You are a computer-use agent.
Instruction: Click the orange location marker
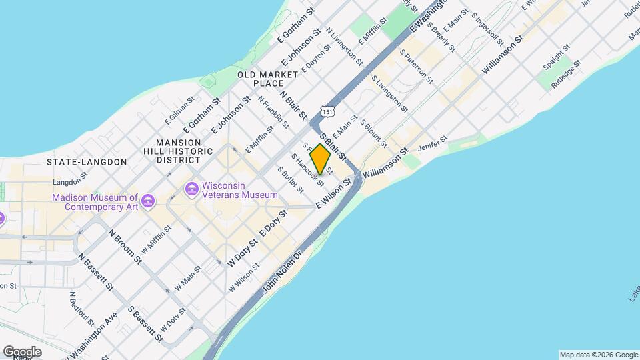tap(320, 159)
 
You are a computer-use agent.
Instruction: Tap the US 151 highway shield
tap(326, 112)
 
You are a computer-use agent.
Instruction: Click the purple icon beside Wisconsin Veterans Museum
tap(193, 190)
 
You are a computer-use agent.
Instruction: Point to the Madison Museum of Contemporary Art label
tap(95, 201)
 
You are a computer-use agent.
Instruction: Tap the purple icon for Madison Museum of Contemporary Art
tap(148, 201)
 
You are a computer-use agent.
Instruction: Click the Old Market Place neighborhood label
tap(269, 78)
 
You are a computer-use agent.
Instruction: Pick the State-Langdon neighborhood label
tap(87, 162)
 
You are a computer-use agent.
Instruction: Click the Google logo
tap(22, 352)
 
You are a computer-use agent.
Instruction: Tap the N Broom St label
tap(125, 246)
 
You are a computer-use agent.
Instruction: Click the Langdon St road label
tap(70, 181)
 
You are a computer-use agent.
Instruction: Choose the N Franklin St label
tap(273, 113)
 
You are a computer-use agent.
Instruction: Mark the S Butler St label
tap(292, 181)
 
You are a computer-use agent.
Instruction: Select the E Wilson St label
tap(333, 196)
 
